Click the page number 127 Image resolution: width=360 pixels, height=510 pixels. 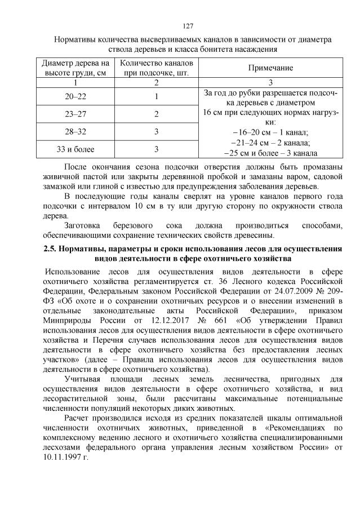tap(188, 26)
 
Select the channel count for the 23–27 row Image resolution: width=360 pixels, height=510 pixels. tap(156, 114)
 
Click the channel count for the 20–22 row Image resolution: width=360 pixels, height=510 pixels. tap(156, 97)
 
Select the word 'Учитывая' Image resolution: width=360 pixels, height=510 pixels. tap(83, 379)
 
